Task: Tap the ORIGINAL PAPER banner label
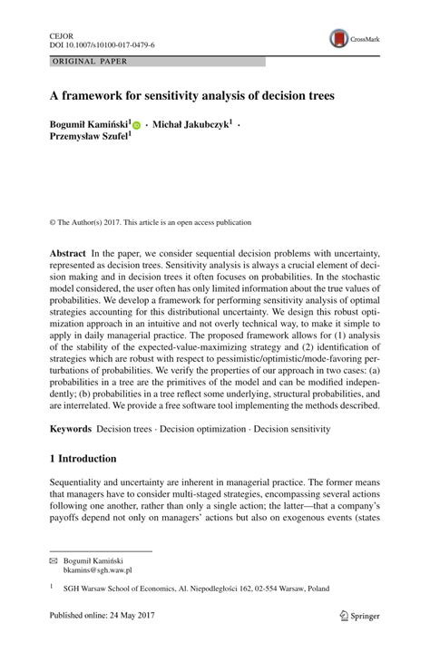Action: [x=89, y=62]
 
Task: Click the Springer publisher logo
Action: [x=358, y=617]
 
